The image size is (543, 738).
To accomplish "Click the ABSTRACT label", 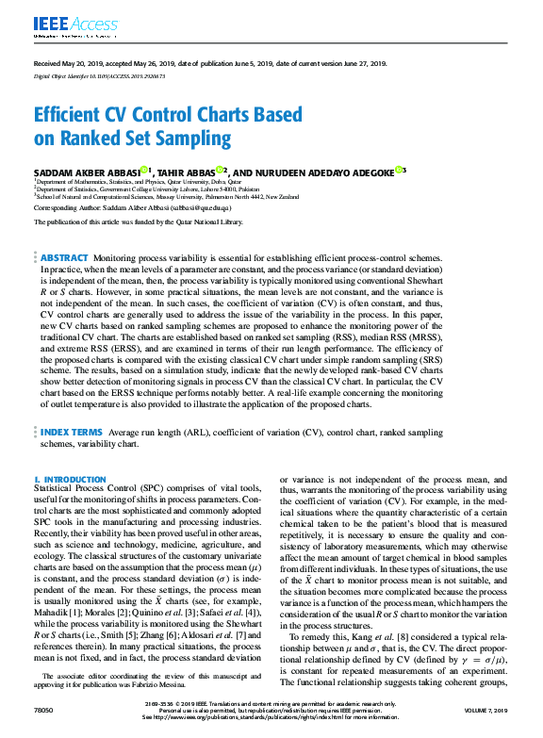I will point(64,257).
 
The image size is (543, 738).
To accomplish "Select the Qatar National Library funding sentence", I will point(138,221).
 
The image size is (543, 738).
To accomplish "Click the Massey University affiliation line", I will point(166,196).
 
